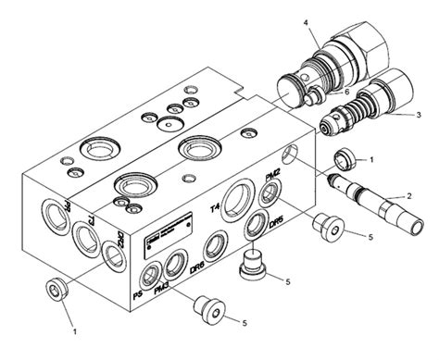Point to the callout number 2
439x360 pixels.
[x=408, y=194]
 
